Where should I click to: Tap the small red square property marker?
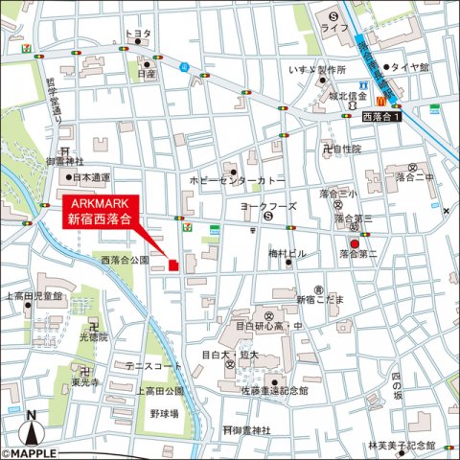pyautogui.click(x=173, y=265)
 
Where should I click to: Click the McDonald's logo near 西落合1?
pyautogui.click(x=381, y=100)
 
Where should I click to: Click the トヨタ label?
pyautogui.click(x=139, y=33)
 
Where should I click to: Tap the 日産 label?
pyautogui.click(x=146, y=73)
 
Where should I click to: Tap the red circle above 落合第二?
pyautogui.click(x=355, y=244)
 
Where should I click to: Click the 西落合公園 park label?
pyautogui.click(x=125, y=260)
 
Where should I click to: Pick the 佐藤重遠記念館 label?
pyautogui.click(x=276, y=390)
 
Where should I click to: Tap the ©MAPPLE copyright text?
pyautogui.click(x=29, y=453)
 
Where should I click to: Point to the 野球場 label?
pyautogui.click(x=166, y=414)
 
